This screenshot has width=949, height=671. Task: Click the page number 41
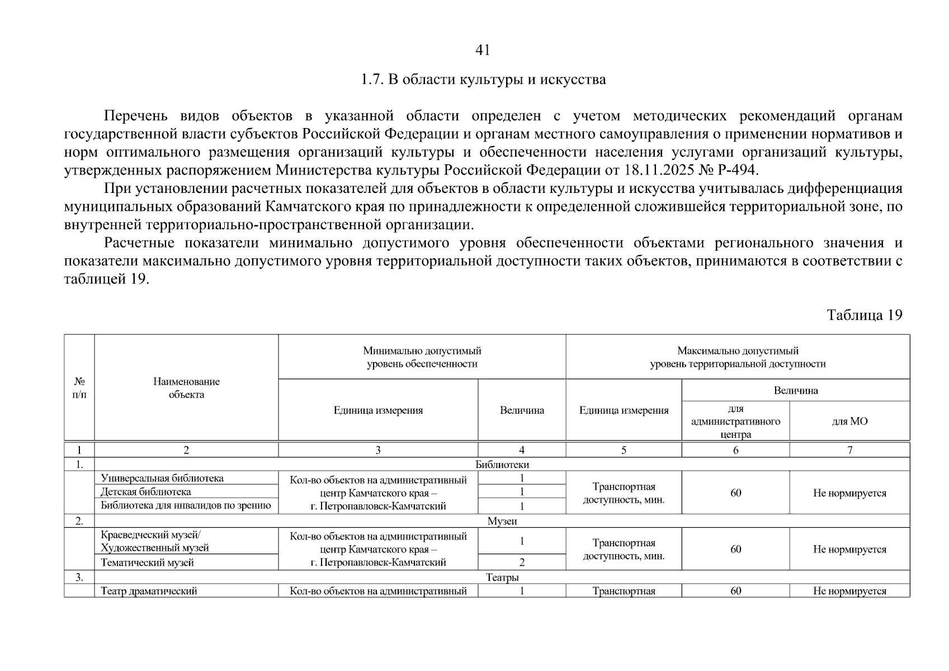(482, 50)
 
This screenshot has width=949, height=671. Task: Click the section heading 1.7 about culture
(483, 79)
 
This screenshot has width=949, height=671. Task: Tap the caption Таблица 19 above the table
(864, 315)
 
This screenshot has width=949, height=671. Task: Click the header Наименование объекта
(186, 388)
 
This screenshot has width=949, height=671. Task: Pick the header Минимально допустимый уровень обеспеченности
(422, 357)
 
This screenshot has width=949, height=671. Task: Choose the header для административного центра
(735, 422)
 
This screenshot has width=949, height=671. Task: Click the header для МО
(849, 422)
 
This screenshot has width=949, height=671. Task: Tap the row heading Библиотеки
(502, 465)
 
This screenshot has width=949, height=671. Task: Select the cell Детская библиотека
(146, 492)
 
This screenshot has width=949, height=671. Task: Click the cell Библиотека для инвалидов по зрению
(186, 506)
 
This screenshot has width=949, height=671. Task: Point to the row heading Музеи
(502, 521)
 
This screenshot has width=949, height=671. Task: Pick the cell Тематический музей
(147, 563)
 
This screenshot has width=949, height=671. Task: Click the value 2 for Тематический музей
(522, 563)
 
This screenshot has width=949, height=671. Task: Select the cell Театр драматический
(149, 591)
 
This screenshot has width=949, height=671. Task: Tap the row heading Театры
(502, 578)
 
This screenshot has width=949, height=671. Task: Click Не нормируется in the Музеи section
(849, 550)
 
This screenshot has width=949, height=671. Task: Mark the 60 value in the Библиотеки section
(735, 493)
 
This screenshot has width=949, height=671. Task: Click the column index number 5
(624, 450)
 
